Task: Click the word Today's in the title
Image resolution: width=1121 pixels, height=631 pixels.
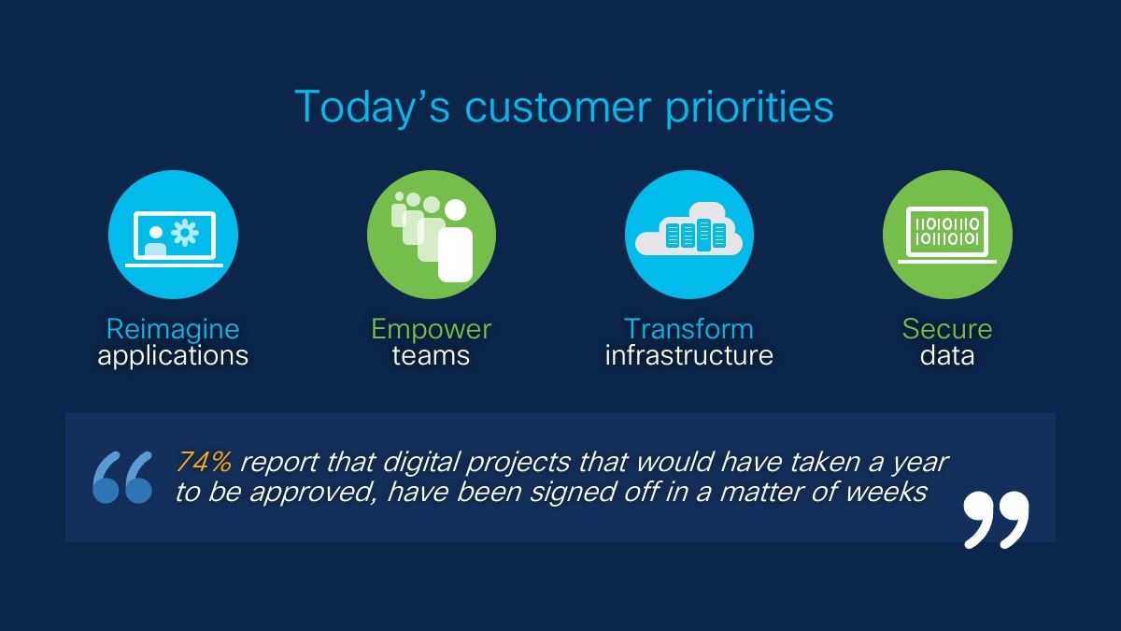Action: pyautogui.click(x=372, y=107)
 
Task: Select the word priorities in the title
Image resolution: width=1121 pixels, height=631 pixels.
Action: pyautogui.click(x=749, y=107)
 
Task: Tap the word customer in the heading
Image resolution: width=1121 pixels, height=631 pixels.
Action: pyautogui.click(x=558, y=108)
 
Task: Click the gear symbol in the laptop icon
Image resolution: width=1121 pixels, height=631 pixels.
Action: pyautogui.click(x=185, y=233)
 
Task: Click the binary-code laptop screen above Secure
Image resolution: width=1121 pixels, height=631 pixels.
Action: pyautogui.click(x=947, y=232)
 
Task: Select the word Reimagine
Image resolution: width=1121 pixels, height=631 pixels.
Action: pyautogui.click(x=173, y=329)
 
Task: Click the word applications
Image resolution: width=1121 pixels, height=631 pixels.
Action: pyautogui.click(x=173, y=356)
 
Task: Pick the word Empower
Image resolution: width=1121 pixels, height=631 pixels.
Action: pyautogui.click(x=431, y=329)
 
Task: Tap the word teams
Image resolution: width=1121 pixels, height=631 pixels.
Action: pyautogui.click(x=431, y=356)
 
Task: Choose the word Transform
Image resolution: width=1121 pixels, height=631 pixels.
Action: pyautogui.click(x=688, y=329)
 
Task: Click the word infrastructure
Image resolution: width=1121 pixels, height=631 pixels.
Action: pyautogui.click(x=689, y=355)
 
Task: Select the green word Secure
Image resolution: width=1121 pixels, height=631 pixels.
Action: pyautogui.click(x=947, y=329)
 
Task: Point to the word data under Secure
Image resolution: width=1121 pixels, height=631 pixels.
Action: pyautogui.click(x=947, y=356)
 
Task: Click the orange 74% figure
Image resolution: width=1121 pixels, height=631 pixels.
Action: pyautogui.click(x=205, y=461)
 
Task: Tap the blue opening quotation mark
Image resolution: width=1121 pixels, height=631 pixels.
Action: pyautogui.click(x=122, y=478)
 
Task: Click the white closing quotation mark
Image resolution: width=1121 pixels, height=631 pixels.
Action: pyautogui.click(x=997, y=520)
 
